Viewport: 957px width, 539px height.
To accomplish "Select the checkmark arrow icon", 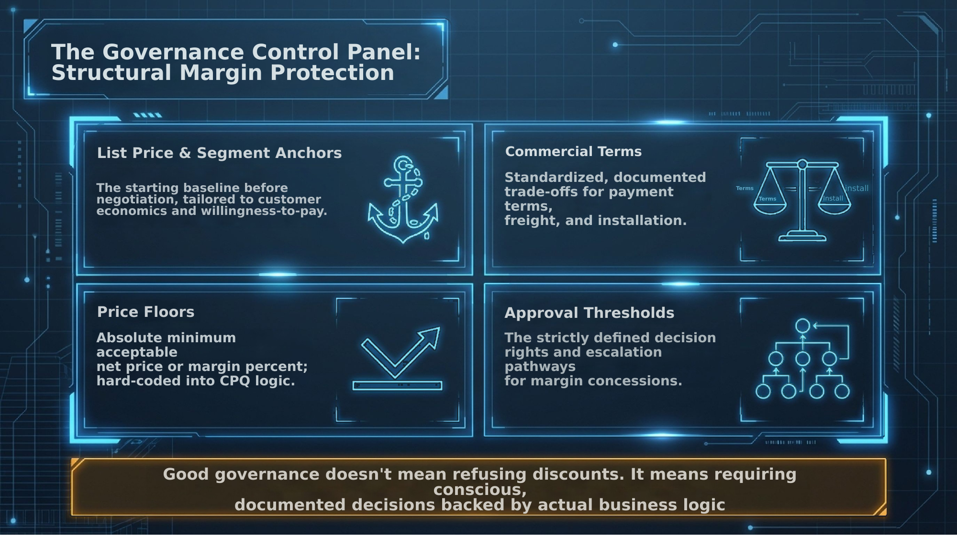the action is click(x=400, y=353).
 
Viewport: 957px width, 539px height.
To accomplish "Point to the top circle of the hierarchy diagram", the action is click(x=802, y=326).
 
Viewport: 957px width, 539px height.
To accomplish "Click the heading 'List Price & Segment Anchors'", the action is click(x=219, y=153).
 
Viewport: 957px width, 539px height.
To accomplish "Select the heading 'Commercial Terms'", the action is click(x=573, y=151).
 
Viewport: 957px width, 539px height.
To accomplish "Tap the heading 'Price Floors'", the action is click(x=145, y=312).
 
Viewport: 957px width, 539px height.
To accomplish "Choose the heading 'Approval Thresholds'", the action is click(x=589, y=313).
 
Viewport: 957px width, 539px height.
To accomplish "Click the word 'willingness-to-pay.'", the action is click(x=264, y=211).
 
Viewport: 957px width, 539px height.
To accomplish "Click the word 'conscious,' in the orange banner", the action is click(x=480, y=490).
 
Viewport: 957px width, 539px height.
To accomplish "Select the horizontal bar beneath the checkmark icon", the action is click(x=397, y=385).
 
